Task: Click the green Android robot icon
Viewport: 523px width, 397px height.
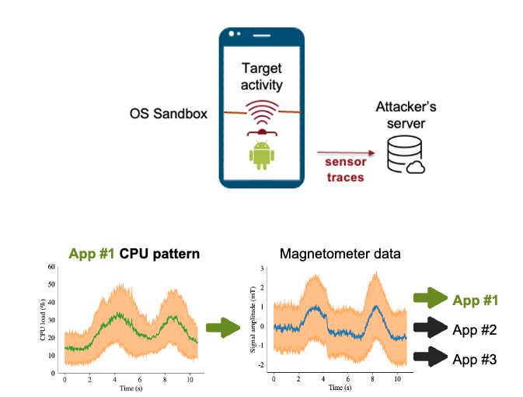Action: click(x=262, y=156)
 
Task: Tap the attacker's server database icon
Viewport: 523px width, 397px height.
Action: click(x=405, y=154)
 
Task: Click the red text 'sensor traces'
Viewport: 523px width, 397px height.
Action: click(x=345, y=170)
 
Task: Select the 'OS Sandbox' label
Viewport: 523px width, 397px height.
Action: click(x=169, y=114)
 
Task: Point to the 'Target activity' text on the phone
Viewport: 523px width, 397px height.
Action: click(x=262, y=76)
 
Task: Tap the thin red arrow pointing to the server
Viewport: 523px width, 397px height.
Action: click(x=346, y=153)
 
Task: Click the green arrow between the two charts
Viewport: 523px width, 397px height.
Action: click(x=223, y=328)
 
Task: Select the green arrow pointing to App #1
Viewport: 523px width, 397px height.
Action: click(x=431, y=297)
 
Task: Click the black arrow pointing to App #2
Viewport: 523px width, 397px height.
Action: click(x=431, y=328)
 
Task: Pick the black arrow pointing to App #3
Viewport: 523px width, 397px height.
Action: click(x=431, y=357)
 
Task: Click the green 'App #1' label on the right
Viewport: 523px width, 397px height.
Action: click(x=476, y=300)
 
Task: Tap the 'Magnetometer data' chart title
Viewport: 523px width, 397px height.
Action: click(x=340, y=254)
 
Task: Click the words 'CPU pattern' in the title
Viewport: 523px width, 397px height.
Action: click(x=159, y=254)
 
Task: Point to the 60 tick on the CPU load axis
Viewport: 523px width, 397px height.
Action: click(x=51, y=267)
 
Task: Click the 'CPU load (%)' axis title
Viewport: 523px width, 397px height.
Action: click(x=43, y=320)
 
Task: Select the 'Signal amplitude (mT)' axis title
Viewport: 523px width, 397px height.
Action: click(x=253, y=319)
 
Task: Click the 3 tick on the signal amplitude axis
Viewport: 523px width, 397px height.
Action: click(x=262, y=268)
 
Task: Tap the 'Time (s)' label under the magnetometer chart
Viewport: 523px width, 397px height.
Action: click(x=340, y=388)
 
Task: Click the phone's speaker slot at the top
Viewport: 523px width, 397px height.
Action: click(x=261, y=35)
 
